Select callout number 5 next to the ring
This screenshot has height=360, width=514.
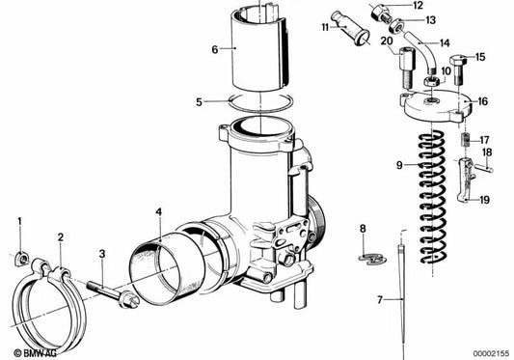click(x=198, y=100)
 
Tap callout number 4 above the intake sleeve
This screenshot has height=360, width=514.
click(x=158, y=212)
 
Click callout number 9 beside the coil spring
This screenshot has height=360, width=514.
click(x=397, y=165)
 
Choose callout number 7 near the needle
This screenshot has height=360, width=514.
click(x=379, y=300)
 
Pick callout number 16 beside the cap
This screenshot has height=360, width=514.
click(x=482, y=100)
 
